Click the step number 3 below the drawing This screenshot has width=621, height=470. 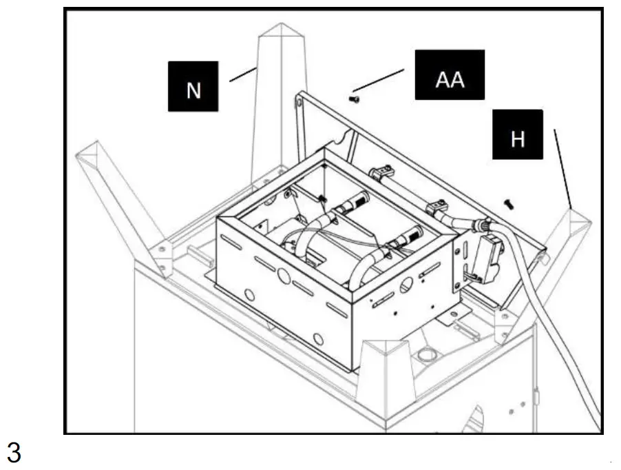(14, 453)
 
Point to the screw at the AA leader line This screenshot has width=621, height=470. (355, 101)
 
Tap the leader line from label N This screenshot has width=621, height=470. (242, 72)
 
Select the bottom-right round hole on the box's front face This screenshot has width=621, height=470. (318, 338)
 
